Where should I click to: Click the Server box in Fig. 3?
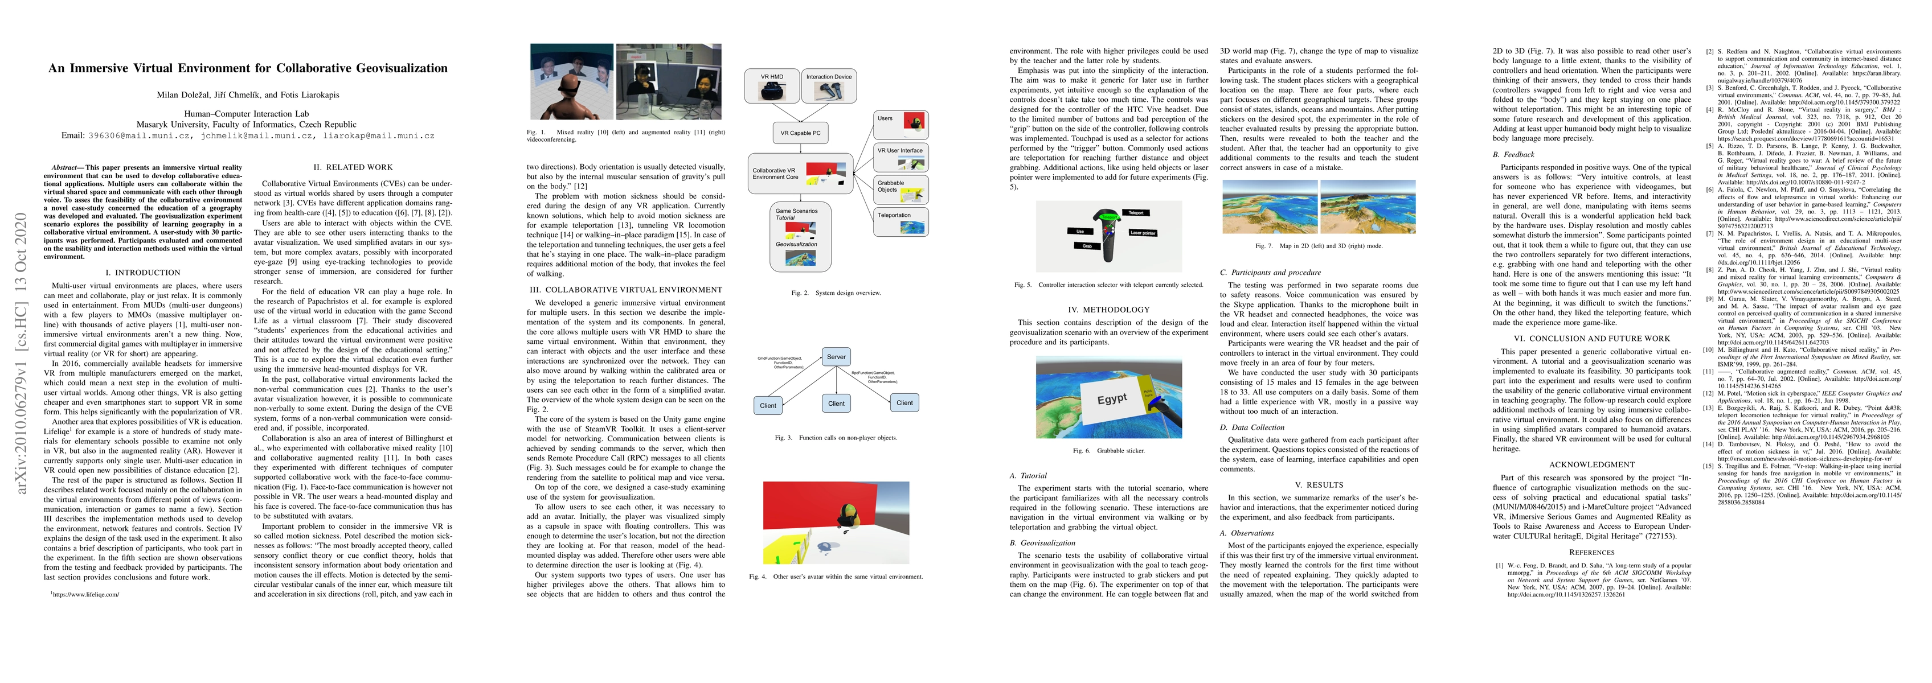[836, 357]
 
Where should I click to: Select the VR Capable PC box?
[800, 133]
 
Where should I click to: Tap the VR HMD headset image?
[771, 90]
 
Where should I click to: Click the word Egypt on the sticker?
[1111, 399]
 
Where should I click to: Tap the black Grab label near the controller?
[1086, 246]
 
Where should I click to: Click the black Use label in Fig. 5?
[1080, 231]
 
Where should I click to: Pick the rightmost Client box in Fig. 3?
[904, 402]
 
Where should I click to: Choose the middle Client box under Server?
[836, 404]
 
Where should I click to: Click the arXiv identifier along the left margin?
[21, 352]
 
